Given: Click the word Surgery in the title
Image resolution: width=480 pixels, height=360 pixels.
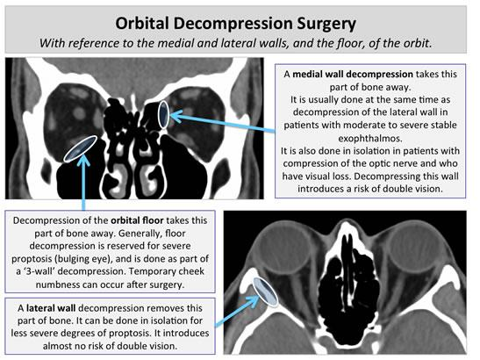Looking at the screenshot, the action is tap(326, 24).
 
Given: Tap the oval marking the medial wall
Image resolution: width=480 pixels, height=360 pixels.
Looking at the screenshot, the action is tap(163, 114).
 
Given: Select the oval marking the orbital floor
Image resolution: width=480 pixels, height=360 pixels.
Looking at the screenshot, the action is tap(81, 148).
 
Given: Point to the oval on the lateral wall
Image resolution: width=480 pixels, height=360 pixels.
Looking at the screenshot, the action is tap(265, 292).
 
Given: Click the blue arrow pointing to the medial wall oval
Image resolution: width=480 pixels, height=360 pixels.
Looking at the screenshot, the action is tap(222, 123).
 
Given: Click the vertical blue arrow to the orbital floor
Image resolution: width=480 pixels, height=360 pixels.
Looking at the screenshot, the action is tap(83, 183).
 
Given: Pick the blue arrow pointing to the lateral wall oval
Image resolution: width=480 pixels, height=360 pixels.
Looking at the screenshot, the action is tap(237, 311).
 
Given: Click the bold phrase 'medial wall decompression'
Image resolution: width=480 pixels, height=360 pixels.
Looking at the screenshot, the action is tap(353, 74).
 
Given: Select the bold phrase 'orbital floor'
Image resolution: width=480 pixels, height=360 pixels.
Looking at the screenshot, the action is tap(137, 220).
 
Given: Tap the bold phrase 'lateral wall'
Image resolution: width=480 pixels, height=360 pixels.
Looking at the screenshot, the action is tap(51, 308).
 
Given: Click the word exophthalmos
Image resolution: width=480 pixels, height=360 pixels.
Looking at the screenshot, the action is tap(370, 139).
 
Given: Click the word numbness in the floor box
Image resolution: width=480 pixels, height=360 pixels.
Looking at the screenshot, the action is tap(58, 284).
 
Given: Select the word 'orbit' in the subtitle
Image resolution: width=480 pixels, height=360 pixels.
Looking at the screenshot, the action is tap(418, 43).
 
